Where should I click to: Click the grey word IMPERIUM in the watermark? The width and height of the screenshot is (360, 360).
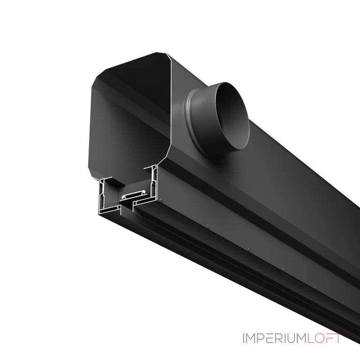coord(274,338)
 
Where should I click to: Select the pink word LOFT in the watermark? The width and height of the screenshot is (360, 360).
coord(324,338)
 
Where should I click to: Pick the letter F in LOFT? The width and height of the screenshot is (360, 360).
coord(329,338)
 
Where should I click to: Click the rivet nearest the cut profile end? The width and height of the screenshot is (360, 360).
coord(161,199)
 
